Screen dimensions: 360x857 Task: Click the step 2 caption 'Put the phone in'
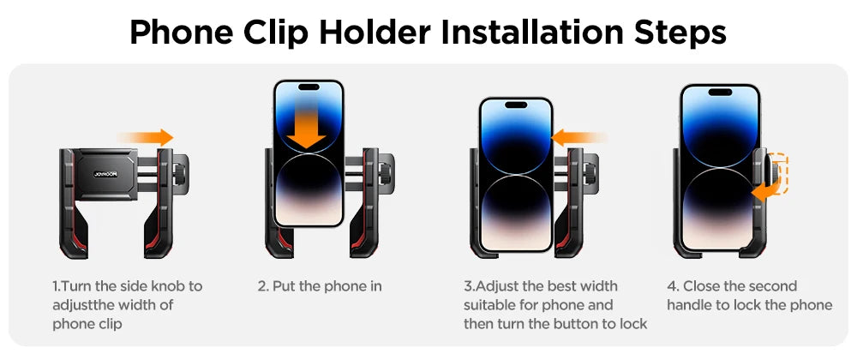click(x=320, y=286)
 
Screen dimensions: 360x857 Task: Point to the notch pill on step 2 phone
click(x=309, y=87)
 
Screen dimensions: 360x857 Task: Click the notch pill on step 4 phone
click(x=717, y=92)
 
